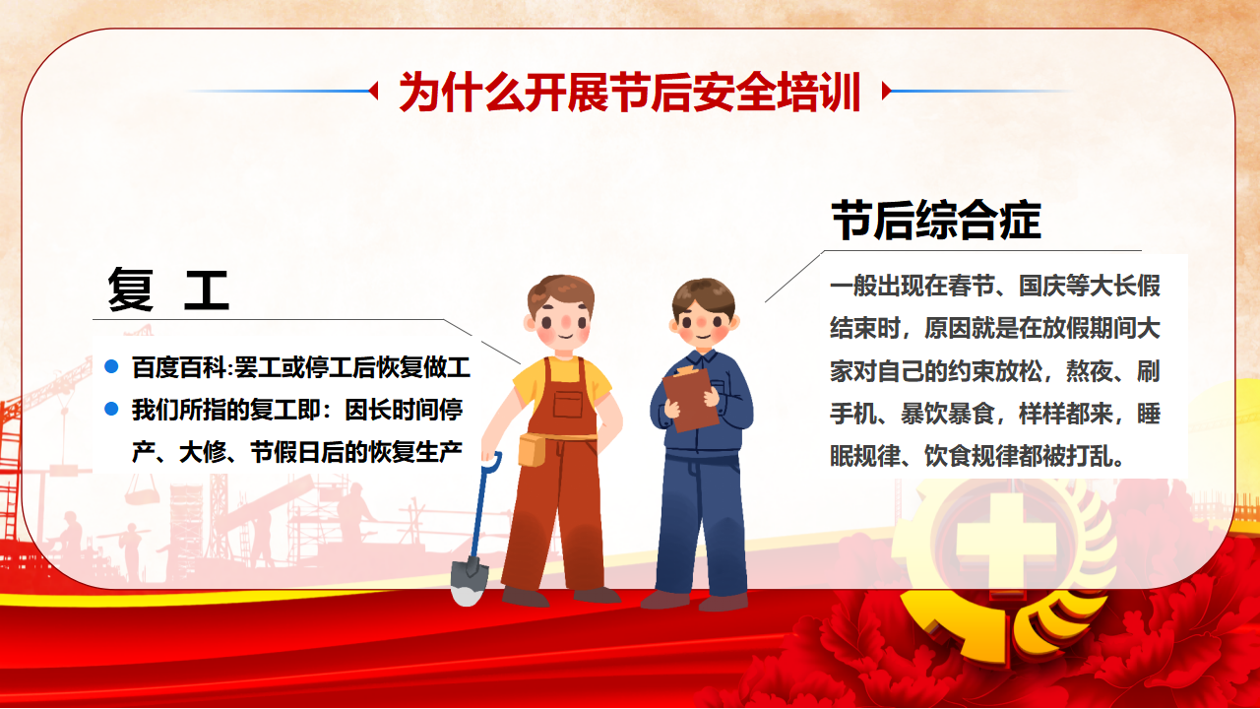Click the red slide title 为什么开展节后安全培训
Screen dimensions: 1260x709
[x=629, y=92]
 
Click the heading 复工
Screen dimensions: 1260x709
[x=168, y=290]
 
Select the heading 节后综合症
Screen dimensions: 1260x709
[x=936, y=220]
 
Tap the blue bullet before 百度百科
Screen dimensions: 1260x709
[x=111, y=367]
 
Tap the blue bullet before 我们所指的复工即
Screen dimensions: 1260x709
[x=111, y=409]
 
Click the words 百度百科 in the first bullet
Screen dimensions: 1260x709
[x=178, y=367]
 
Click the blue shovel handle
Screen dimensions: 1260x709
[x=482, y=505]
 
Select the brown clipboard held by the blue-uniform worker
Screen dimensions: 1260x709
[x=690, y=399]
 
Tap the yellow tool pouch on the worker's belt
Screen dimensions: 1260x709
[x=531, y=450]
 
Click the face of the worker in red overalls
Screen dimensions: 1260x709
[x=562, y=325]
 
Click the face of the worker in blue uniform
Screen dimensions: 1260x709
[x=703, y=325]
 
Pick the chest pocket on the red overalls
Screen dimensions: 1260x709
[x=568, y=404]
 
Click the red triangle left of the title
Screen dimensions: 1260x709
[x=373, y=91]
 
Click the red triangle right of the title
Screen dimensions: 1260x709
[x=887, y=91]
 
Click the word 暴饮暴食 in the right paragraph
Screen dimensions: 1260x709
[x=947, y=414]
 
